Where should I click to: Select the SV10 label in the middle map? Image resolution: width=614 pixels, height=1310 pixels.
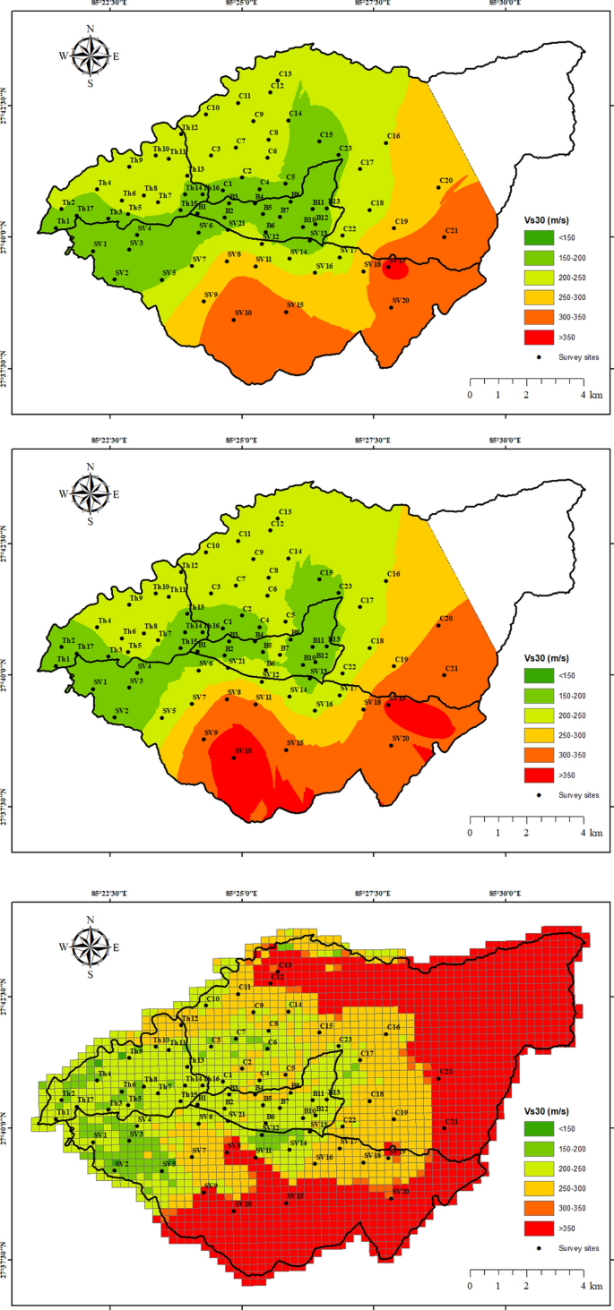pos(242,750)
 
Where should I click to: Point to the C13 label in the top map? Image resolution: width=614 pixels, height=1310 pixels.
pos(285,73)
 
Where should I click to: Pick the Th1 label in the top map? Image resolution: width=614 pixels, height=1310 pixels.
pos(63,220)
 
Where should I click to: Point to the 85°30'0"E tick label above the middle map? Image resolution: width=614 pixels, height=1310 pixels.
pos(505,440)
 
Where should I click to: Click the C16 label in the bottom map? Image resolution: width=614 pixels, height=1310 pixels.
pos(393,1026)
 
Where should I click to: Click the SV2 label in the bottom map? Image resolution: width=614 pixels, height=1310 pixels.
pos(122,1163)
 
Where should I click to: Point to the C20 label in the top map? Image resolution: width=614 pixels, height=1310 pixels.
pos(445,181)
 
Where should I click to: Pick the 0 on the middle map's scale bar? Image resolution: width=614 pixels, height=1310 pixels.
pos(470,833)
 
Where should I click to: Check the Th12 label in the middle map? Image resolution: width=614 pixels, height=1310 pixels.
pos(189,565)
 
